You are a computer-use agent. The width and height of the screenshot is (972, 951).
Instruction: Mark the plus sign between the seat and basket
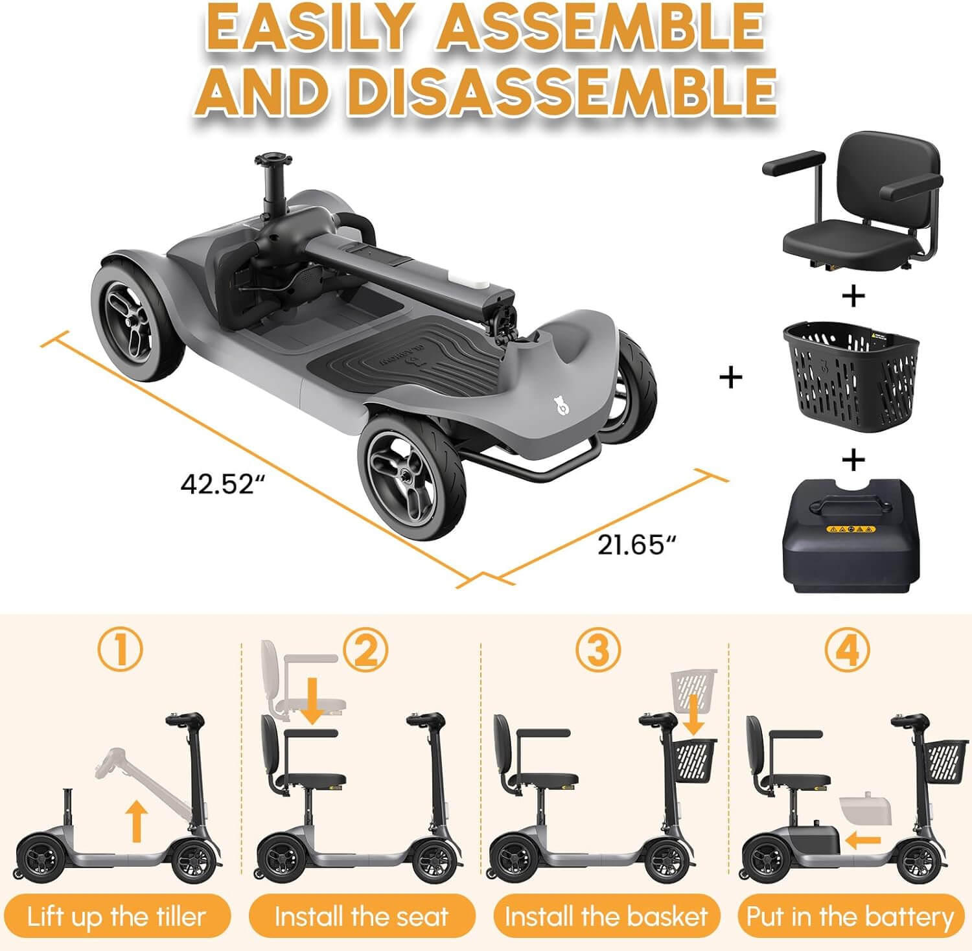pyautogui.click(x=853, y=296)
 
